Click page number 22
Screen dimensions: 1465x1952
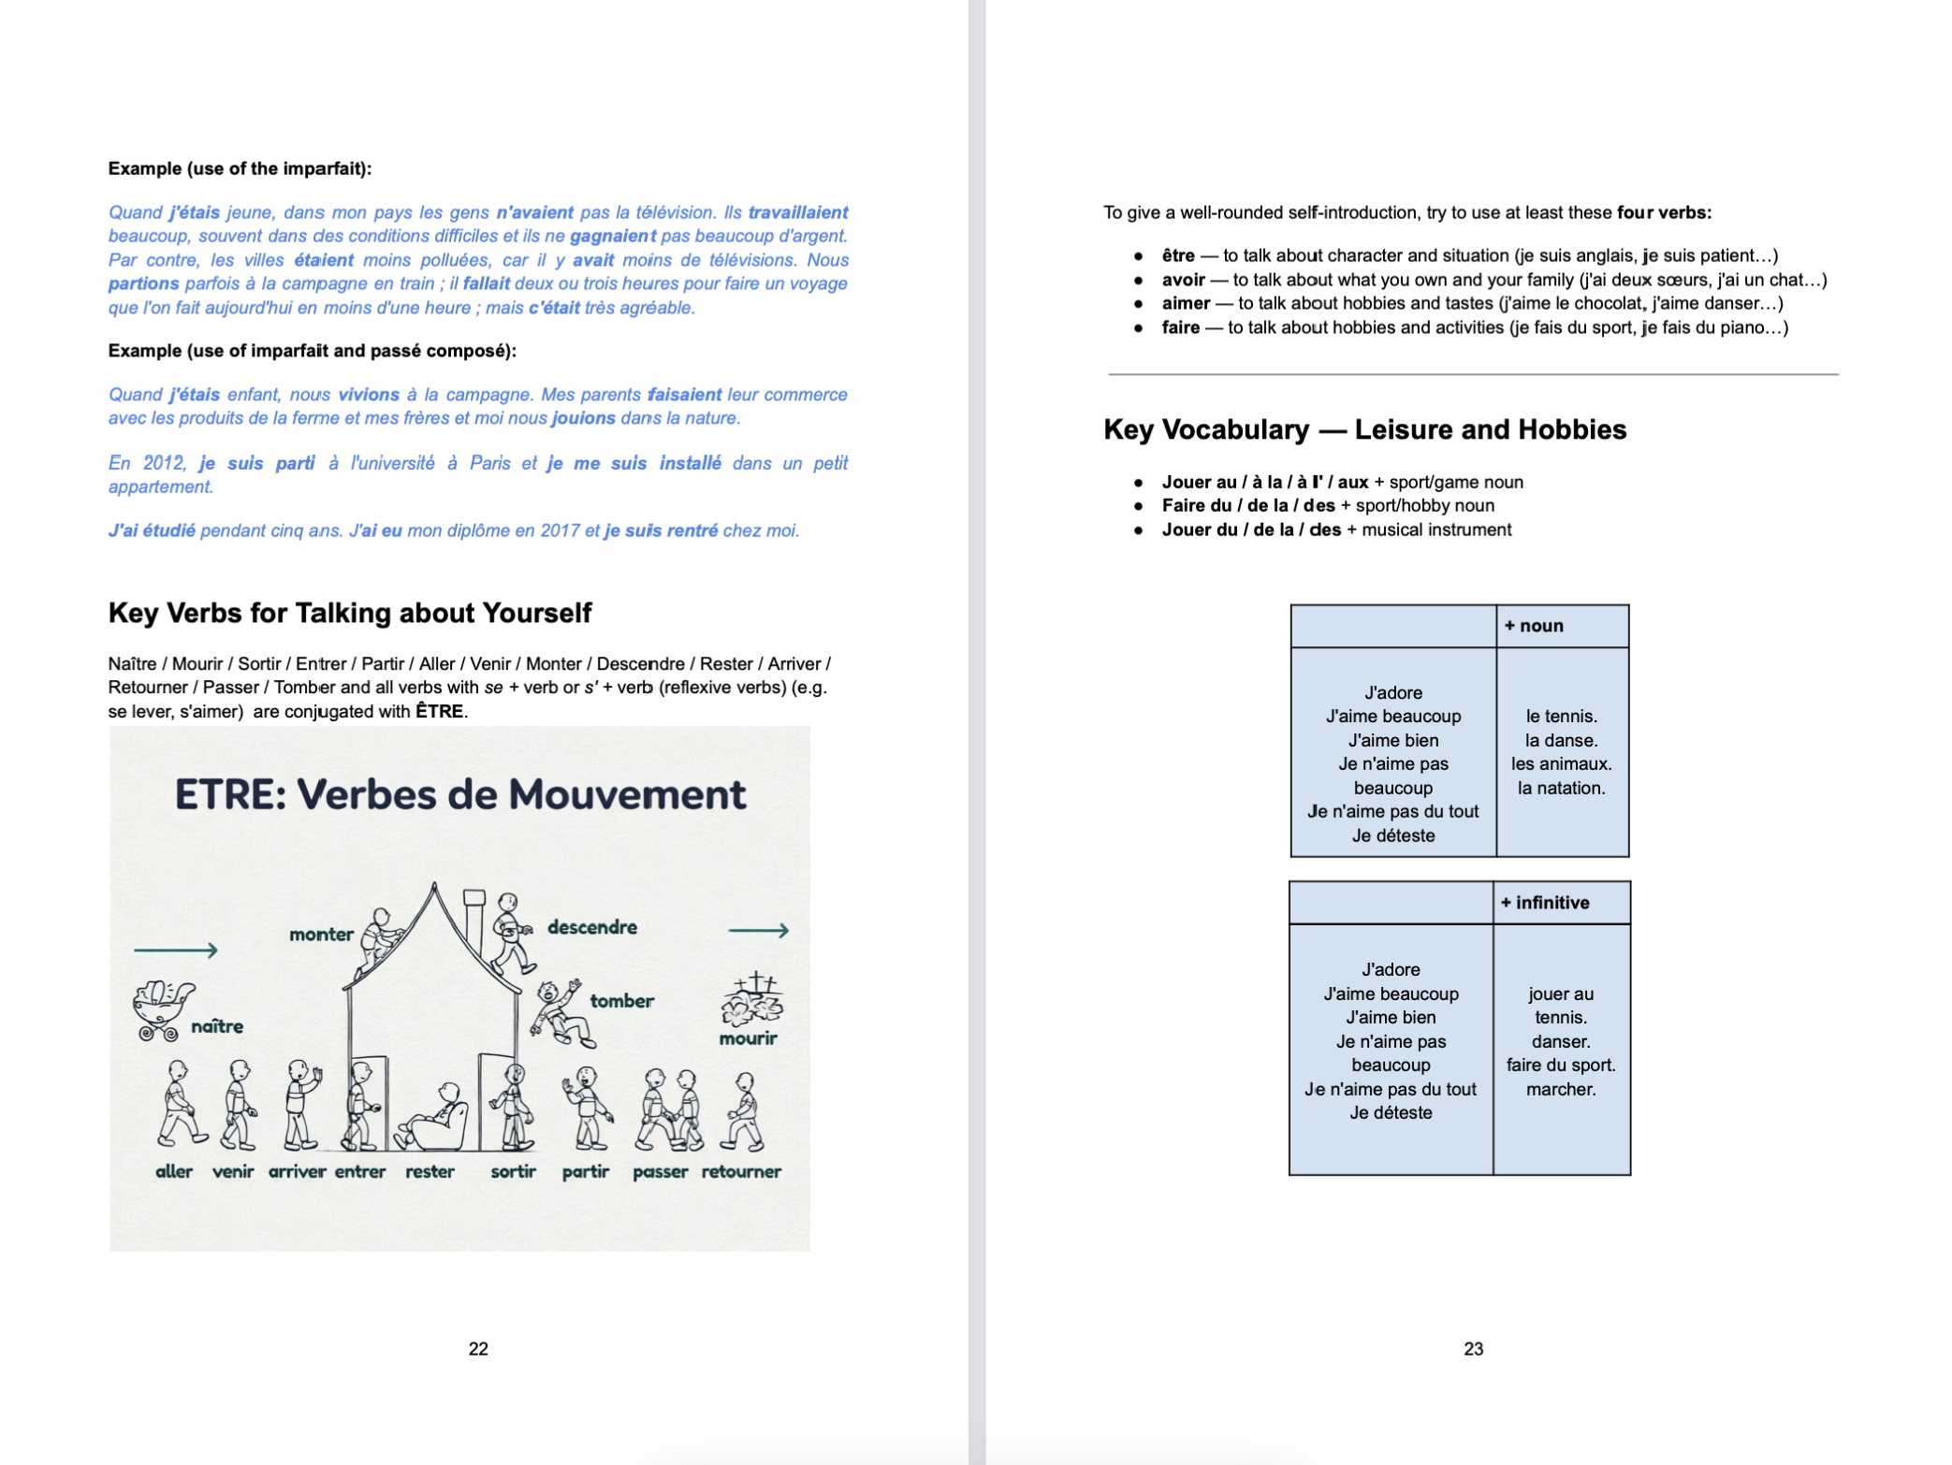pyautogui.click(x=478, y=1348)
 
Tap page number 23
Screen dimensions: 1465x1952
pyautogui.click(x=1473, y=1348)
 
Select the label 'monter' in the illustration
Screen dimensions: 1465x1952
pyautogui.click(x=321, y=934)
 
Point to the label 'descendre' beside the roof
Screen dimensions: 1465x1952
pyautogui.click(x=591, y=927)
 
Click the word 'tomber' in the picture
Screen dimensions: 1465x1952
pyautogui.click(x=621, y=1001)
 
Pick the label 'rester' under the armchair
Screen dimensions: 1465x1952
pyautogui.click(x=430, y=1171)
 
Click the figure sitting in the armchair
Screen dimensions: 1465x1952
pyautogui.click(x=435, y=1118)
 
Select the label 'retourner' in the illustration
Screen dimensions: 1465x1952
pyautogui.click(x=741, y=1171)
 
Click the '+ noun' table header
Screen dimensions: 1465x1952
pyautogui.click(x=1534, y=626)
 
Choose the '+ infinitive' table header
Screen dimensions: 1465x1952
pyautogui.click(x=1545, y=903)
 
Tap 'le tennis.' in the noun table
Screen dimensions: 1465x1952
pyautogui.click(x=1561, y=717)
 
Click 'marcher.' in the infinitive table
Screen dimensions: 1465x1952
pyautogui.click(x=1561, y=1089)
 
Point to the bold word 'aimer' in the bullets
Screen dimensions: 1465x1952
pyautogui.click(x=1186, y=303)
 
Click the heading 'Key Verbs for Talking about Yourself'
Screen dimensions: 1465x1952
pyautogui.click(x=350, y=613)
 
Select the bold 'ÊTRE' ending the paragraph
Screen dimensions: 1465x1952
pyautogui.click(x=439, y=711)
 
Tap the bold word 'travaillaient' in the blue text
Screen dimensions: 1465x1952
pyautogui.click(x=797, y=212)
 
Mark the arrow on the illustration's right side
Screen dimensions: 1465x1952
pyautogui.click(x=758, y=930)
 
